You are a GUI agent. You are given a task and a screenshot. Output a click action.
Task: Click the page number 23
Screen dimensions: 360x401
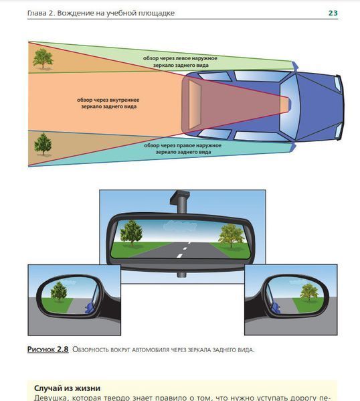click(x=333, y=13)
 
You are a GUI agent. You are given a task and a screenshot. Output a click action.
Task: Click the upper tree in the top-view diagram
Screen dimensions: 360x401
click(x=43, y=59)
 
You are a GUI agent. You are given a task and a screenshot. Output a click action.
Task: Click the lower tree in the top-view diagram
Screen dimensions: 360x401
click(x=43, y=144)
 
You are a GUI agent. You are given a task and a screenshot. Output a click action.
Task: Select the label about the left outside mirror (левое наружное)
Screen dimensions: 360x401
click(x=180, y=62)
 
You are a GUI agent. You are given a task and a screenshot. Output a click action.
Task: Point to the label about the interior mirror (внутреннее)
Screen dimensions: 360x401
click(x=108, y=103)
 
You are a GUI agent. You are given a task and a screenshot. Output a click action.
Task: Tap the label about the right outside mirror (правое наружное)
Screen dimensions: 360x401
click(x=183, y=149)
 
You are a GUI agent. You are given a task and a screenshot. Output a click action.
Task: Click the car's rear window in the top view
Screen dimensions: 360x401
click(x=195, y=104)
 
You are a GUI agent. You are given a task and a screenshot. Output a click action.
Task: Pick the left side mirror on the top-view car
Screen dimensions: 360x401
click(x=295, y=66)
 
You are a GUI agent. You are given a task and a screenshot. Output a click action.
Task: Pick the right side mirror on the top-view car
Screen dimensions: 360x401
click(x=294, y=147)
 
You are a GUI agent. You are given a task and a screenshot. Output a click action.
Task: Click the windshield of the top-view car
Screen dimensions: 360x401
click(x=289, y=105)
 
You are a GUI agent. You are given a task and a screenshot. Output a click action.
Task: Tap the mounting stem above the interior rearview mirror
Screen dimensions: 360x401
click(x=181, y=202)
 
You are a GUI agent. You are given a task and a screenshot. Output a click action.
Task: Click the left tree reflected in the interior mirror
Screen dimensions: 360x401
click(x=132, y=233)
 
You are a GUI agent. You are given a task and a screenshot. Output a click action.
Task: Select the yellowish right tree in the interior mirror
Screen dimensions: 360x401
click(x=232, y=236)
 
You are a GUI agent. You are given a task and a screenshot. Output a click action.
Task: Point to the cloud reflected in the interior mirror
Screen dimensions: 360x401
click(x=180, y=226)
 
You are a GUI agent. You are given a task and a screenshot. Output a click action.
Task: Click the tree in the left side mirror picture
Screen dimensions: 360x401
click(x=59, y=291)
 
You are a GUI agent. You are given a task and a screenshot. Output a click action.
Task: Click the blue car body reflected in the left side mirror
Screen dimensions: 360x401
click(x=90, y=307)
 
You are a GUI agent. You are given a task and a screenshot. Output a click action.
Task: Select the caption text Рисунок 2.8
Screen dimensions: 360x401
click(x=48, y=349)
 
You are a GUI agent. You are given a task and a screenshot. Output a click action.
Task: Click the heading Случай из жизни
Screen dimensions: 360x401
click(x=67, y=388)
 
